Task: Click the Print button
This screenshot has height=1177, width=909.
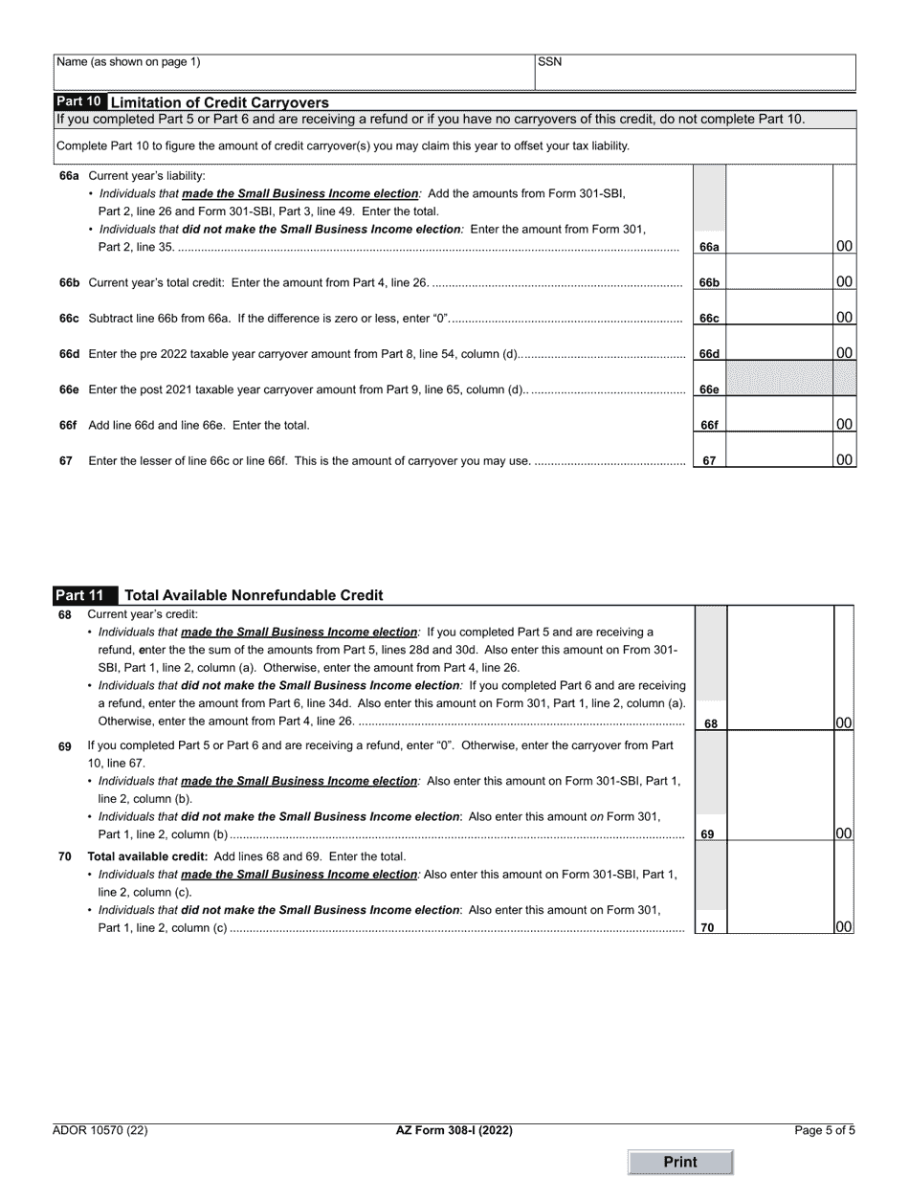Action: tap(680, 1162)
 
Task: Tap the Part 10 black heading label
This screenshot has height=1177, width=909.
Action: tap(79, 101)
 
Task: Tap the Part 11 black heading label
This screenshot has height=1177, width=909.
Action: tap(85, 595)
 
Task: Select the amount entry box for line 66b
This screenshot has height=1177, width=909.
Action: tap(779, 281)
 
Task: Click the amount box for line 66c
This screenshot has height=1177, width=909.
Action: tap(779, 317)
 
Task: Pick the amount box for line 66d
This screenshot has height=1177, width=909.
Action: tap(779, 352)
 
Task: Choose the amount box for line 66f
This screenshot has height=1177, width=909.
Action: tap(779, 424)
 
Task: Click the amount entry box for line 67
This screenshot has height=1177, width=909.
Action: tap(779, 459)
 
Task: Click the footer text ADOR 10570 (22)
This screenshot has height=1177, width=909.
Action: tap(100, 1130)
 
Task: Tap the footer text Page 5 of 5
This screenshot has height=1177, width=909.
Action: tap(825, 1130)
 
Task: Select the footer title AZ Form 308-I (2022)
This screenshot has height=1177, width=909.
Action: tap(454, 1130)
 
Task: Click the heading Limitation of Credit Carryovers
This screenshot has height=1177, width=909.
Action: tap(220, 102)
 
